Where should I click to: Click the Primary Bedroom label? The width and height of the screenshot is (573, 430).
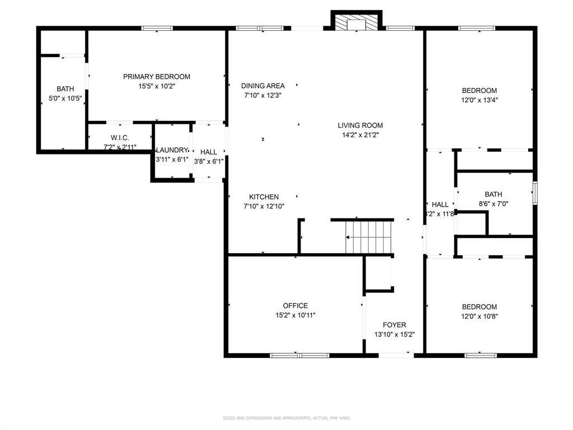[x=157, y=77]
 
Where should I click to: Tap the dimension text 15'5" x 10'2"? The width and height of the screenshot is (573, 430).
[x=157, y=86]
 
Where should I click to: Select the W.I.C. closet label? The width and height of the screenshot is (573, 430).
[x=120, y=138]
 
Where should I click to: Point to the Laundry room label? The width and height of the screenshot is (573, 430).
[x=172, y=150]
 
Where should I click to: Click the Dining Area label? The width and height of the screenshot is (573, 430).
[x=263, y=86]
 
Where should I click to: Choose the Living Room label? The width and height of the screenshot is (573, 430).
[x=360, y=125]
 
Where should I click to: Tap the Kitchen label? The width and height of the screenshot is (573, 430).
[x=264, y=197]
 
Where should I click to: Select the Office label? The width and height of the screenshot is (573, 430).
[x=295, y=306]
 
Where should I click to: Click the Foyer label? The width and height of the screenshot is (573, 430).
[x=394, y=325]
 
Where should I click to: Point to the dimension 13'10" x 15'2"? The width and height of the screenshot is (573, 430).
[x=394, y=335]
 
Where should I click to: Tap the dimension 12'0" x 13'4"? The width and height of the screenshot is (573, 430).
[x=479, y=100]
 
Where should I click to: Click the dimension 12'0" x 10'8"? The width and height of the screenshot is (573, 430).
[x=479, y=316]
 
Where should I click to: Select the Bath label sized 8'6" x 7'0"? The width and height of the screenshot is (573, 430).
[x=494, y=194]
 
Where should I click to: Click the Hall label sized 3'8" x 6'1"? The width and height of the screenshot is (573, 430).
[x=209, y=152]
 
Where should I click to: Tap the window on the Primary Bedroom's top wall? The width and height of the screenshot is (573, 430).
[x=157, y=28]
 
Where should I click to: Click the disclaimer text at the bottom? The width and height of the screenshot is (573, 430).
[x=286, y=418]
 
